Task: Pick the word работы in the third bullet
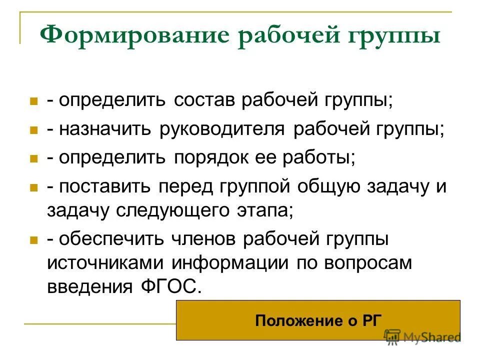tap(319, 158)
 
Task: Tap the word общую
tap(331, 187)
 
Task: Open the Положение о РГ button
tap(318, 320)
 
